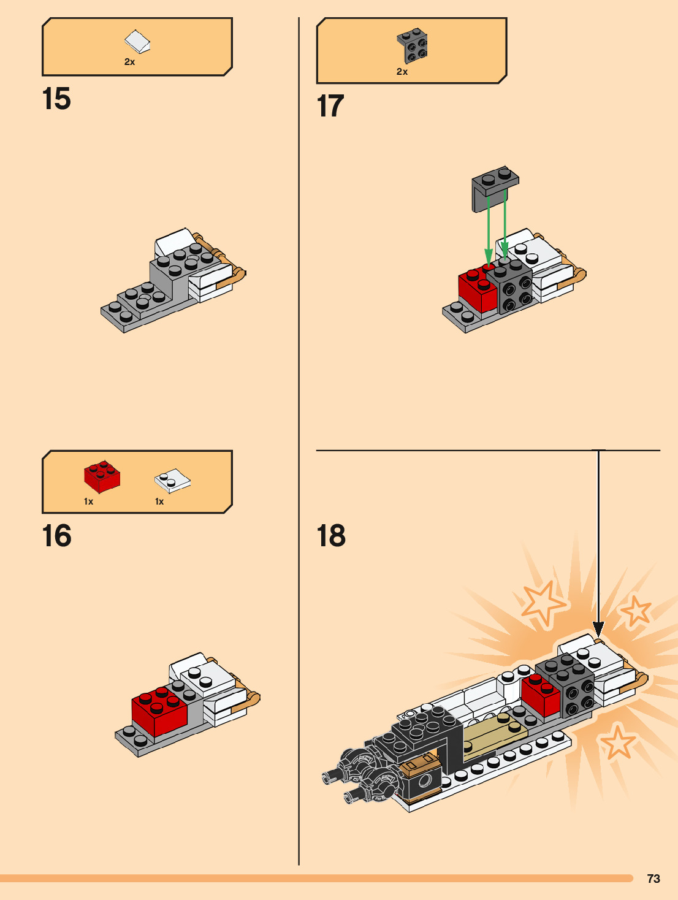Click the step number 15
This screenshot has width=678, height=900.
[x=56, y=99]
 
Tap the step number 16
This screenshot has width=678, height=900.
[x=56, y=536]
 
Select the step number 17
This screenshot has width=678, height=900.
[x=330, y=106]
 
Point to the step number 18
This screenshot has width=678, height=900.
[x=331, y=536]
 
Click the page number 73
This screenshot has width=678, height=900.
[x=653, y=879]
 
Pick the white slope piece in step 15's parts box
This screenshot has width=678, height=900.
[x=137, y=42]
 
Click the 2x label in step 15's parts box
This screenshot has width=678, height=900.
[x=129, y=62]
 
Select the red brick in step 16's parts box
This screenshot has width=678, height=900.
[x=102, y=476]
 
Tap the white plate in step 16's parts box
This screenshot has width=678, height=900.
[x=172, y=480]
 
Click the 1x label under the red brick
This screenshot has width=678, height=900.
[x=88, y=501]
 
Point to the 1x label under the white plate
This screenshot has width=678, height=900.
[x=159, y=501]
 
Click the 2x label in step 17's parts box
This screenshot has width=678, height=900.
[x=402, y=72]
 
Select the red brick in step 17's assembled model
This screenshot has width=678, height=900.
[x=477, y=291]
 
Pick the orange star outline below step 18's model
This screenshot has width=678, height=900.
[x=617, y=742]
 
